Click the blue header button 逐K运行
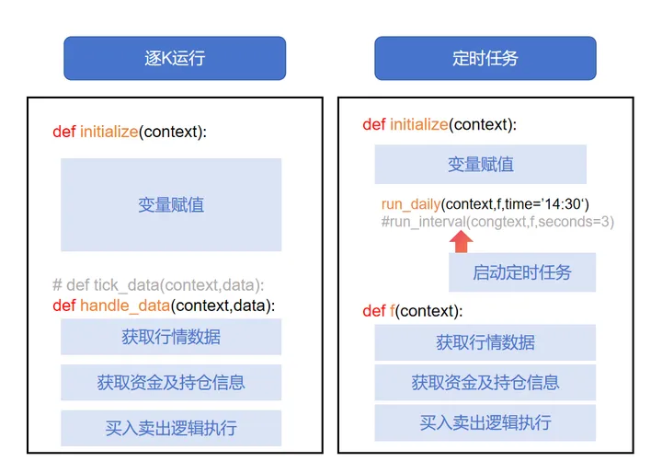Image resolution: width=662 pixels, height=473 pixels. [175, 58]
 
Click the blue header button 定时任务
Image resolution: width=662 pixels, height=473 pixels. [485, 58]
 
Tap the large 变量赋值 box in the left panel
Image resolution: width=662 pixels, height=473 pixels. [171, 204]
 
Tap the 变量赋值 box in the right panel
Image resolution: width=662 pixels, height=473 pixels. [480, 165]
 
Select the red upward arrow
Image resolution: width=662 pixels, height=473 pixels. [462, 240]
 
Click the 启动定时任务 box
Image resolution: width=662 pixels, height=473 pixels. [521, 271]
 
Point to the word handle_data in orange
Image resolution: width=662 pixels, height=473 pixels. [124, 306]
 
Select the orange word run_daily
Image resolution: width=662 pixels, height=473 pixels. [411, 203]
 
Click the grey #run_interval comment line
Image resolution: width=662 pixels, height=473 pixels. [496, 221]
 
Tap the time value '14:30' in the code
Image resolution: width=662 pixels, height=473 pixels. [564, 203]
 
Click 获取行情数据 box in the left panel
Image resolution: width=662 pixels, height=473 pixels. [171, 337]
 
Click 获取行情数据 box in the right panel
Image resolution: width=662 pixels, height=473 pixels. [485, 342]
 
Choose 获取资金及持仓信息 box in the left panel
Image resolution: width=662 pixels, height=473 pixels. [171, 382]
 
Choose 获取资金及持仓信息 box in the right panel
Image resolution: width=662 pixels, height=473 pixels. [485, 382]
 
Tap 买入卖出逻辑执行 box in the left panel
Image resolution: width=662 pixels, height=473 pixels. [171, 428]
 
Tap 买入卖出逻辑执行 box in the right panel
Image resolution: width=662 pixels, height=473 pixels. [485, 422]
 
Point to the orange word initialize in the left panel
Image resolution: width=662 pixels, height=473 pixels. [108, 132]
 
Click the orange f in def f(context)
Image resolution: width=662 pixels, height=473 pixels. [392, 311]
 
